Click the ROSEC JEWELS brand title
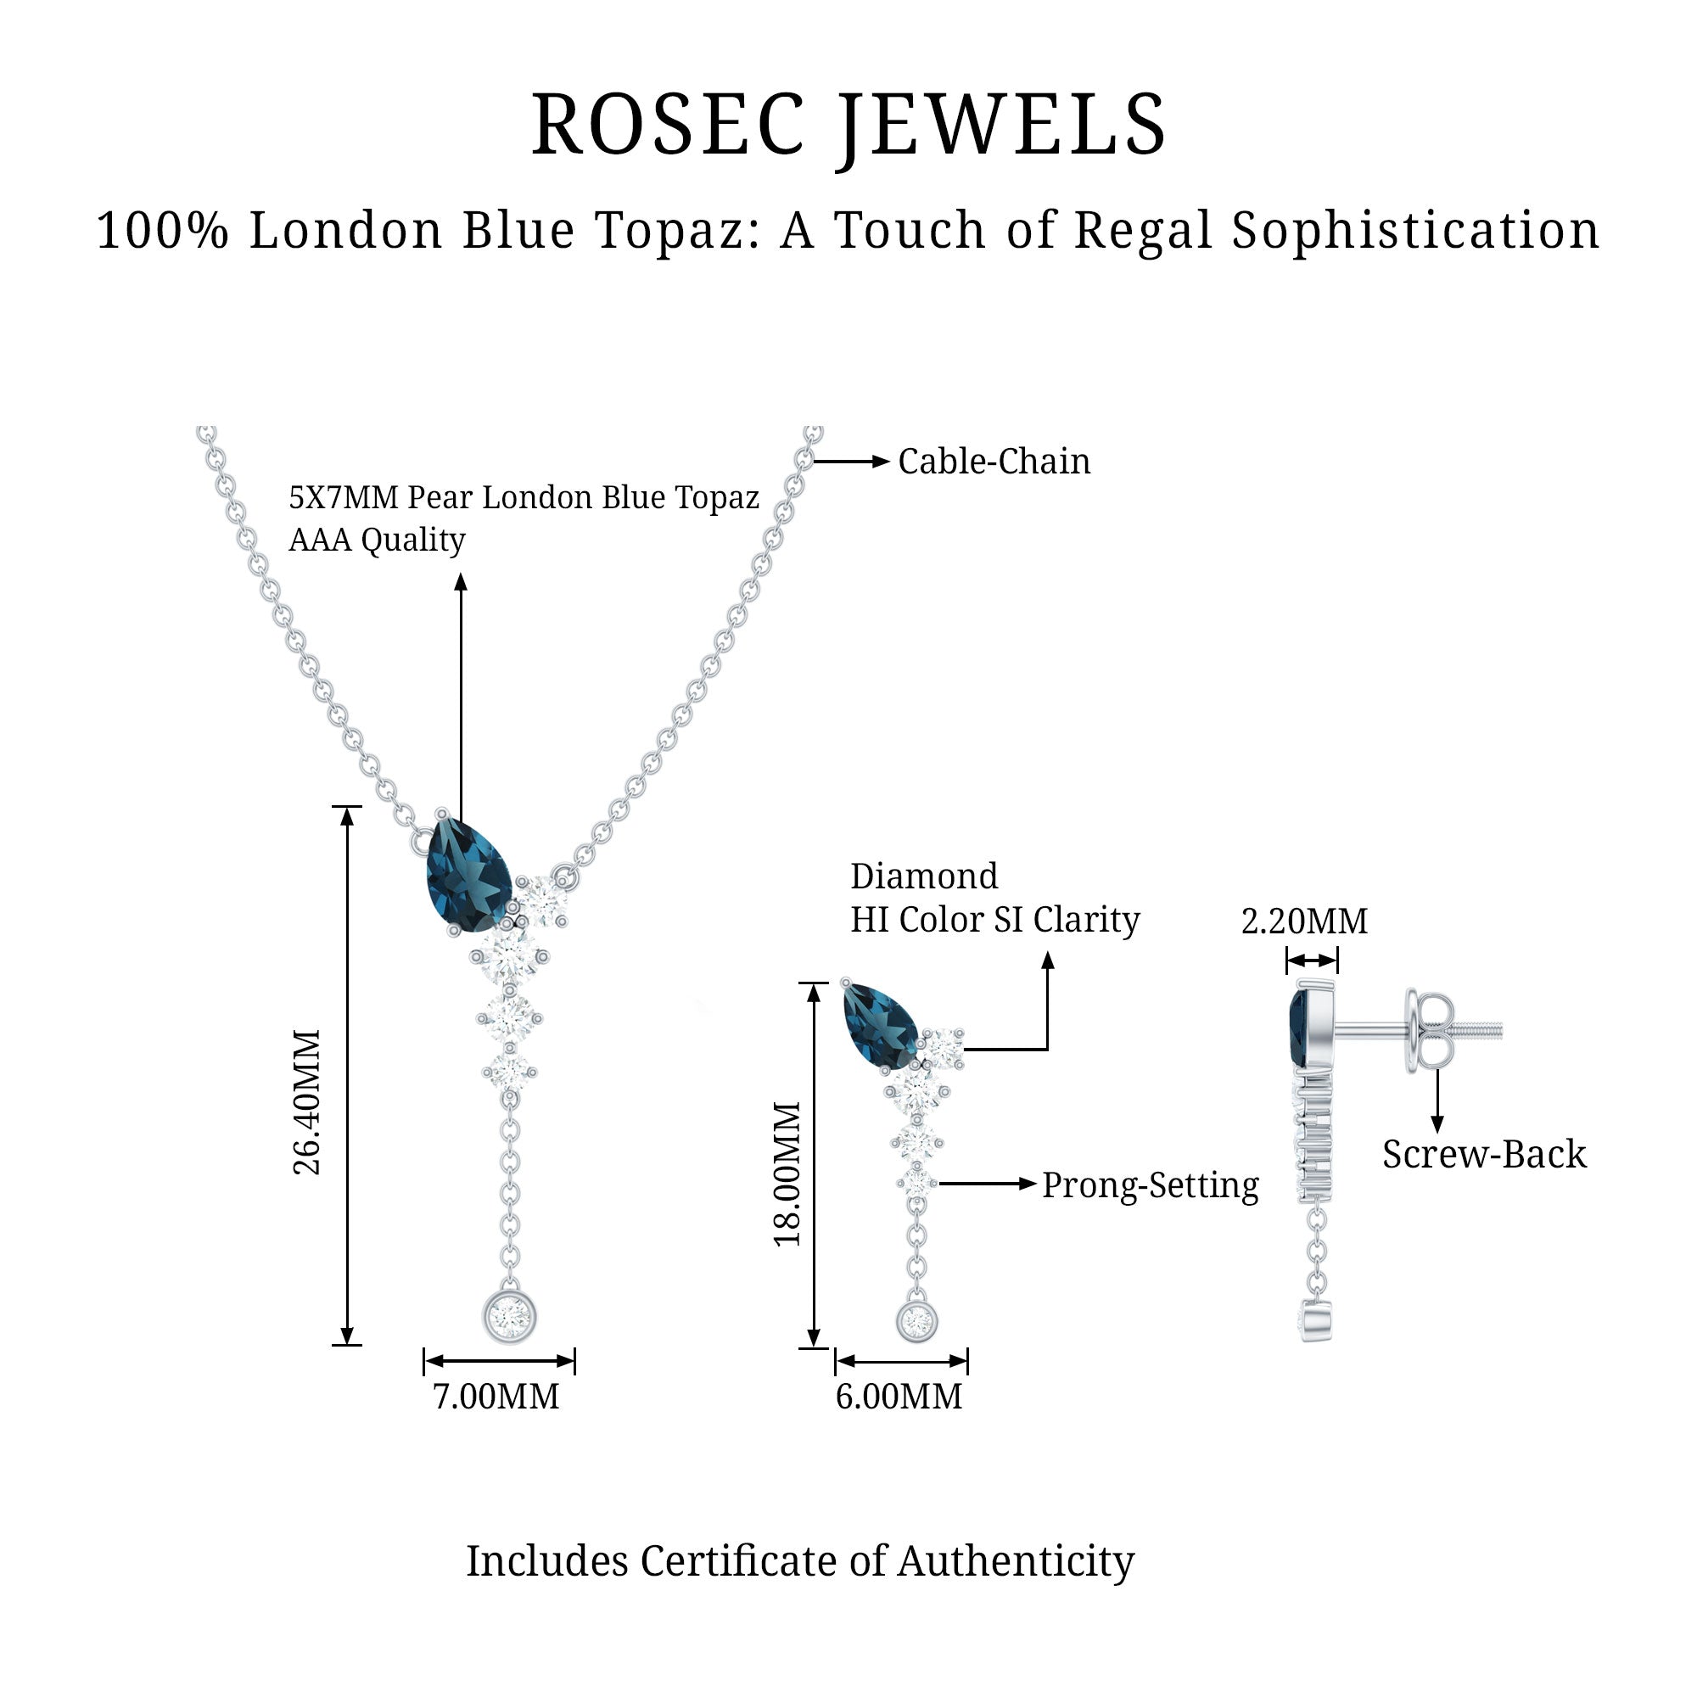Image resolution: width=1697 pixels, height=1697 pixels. click(848, 126)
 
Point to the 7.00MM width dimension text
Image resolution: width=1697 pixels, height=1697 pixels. click(496, 1397)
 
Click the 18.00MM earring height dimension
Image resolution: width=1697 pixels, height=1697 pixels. click(788, 1173)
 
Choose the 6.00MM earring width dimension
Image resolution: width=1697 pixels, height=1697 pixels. click(899, 1397)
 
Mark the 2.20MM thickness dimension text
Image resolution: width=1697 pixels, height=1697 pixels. click(1304, 921)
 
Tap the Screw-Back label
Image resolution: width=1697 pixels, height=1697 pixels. click(1484, 1154)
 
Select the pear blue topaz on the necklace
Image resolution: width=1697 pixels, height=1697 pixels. click(468, 874)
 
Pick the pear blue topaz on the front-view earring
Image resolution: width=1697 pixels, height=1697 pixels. click(879, 1027)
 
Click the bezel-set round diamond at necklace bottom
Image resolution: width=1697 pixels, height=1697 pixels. click(509, 1317)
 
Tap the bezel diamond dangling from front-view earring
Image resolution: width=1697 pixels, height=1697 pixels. click(917, 1321)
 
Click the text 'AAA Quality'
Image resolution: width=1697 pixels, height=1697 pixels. click(377, 540)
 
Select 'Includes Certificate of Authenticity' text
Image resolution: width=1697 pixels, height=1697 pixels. click(799, 1561)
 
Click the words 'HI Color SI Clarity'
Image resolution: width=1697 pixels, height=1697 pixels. click(994, 920)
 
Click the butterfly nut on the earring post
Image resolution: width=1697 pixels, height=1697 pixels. click(1427, 1031)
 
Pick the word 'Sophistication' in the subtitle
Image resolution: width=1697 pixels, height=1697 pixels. click(1415, 230)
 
